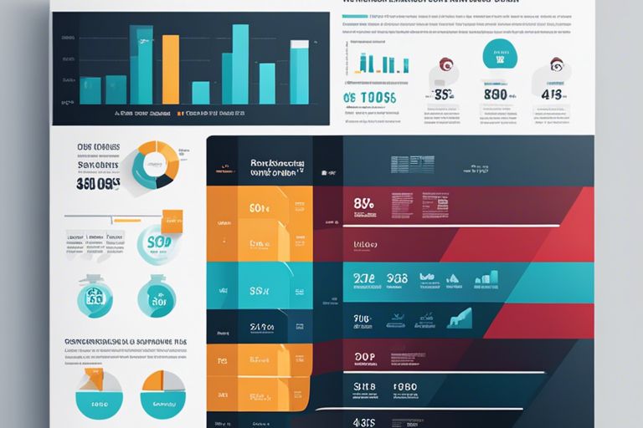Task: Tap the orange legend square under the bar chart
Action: (x=179, y=112)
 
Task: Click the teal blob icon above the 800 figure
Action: (x=500, y=56)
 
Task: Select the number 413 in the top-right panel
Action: (x=552, y=94)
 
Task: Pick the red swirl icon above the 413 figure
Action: (x=557, y=64)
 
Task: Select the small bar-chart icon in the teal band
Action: (x=486, y=278)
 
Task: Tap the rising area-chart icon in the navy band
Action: (x=459, y=318)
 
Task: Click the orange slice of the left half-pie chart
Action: (x=93, y=380)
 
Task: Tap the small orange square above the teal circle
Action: (x=172, y=218)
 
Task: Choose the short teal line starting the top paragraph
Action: (x=355, y=17)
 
